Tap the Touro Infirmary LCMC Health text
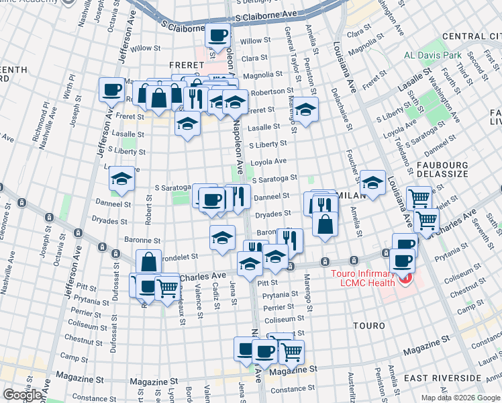364,279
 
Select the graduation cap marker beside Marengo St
305,109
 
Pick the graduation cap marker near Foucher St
372,183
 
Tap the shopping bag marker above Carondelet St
148,262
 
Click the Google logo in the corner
21,395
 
